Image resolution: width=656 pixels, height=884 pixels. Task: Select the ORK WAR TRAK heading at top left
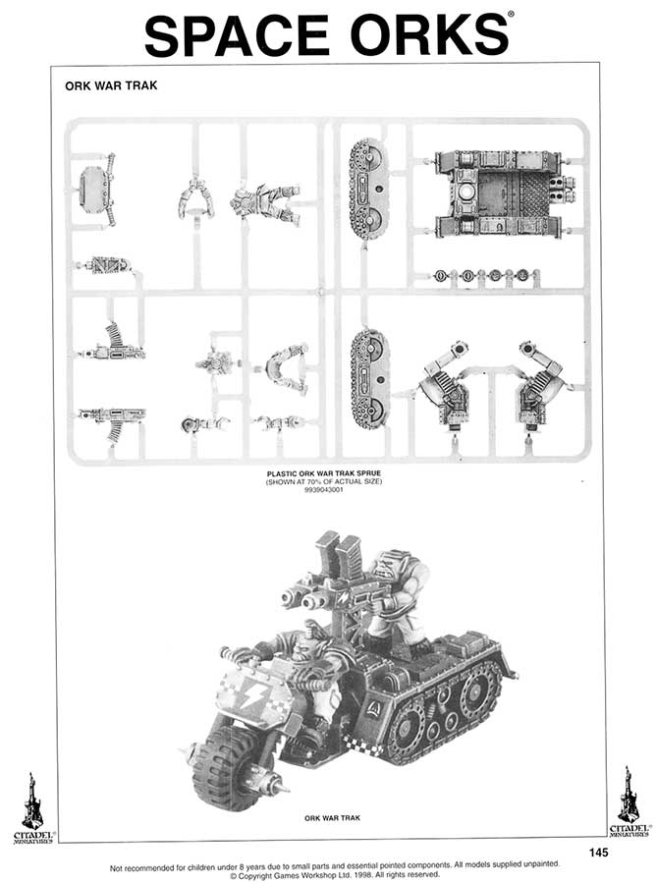pos(111,85)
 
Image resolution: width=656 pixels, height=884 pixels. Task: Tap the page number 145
pos(600,852)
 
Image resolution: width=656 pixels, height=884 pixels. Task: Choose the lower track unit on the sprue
pos(369,376)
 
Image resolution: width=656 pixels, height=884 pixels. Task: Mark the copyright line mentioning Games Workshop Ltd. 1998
pos(328,873)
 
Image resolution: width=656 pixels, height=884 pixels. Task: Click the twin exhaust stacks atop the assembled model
pos(339,553)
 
